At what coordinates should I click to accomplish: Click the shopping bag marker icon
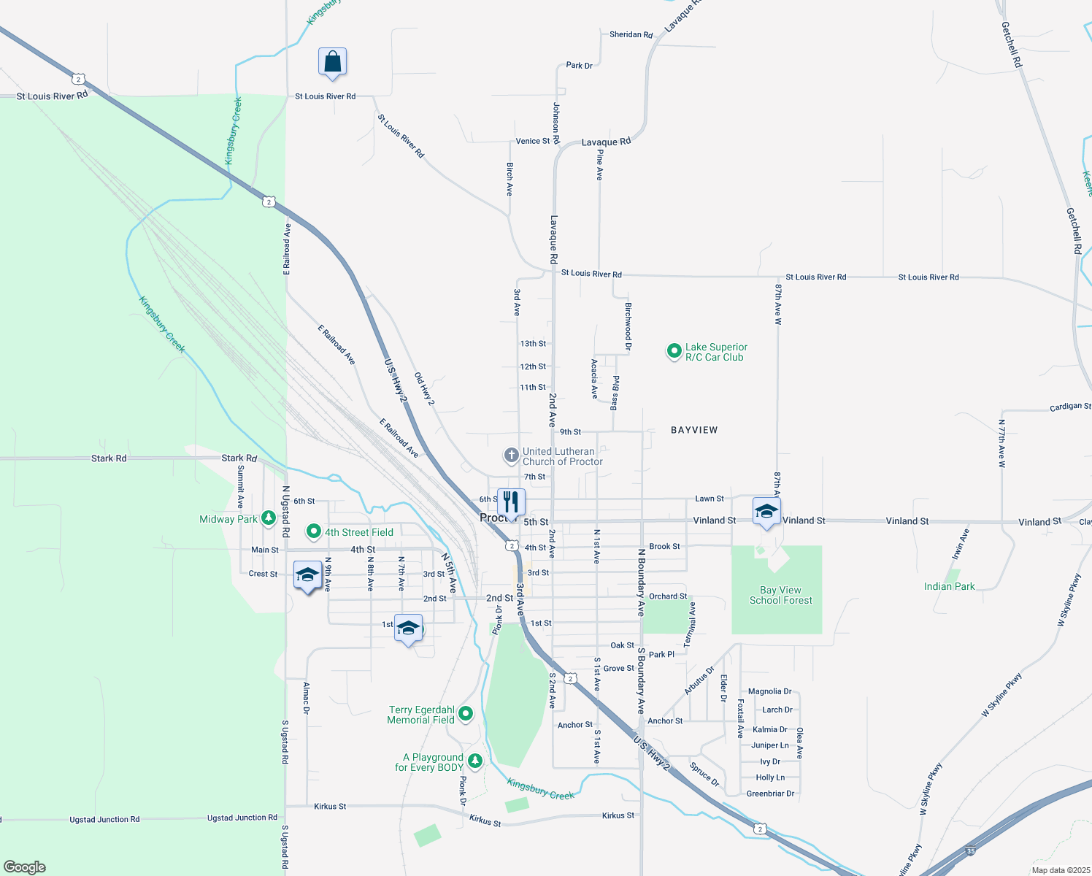pyautogui.click(x=332, y=63)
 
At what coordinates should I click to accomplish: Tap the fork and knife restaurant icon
pyautogui.click(x=511, y=502)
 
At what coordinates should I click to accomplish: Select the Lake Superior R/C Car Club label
pyautogui.click(x=715, y=352)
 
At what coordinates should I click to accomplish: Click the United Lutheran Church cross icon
pyautogui.click(x=511, y=456)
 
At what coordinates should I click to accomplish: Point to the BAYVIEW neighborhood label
pyautogui.click(x=694, y=430)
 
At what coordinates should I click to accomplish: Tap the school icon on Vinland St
pyautogui.click(x=766, y=512)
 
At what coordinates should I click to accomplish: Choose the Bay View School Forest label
pyautogui.click(x=780, y=595)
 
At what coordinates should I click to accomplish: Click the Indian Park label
pyautogui.click(x=949, y=586)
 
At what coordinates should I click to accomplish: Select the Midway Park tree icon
pyautogui.click(x=269, y=518)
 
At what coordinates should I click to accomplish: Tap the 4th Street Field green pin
pyautogui.click(x=314, y=531)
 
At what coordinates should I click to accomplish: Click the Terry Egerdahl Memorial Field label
pyautogui.click(x=421, y=715)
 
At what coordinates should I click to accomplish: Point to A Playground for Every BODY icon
pyautogui.click(x=475, y=761)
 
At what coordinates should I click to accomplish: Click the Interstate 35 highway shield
pyautogui.click(x=970, y=851)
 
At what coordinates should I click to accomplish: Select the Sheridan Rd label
pyautogui.click(x=631, y=34)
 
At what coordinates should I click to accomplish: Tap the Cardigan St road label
pyautogui.click(x=1070, y=407)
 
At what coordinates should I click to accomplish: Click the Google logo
pyautogui.click(x=25, y=867)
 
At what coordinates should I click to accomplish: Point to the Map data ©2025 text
pyautogui.click(x=1058, y=870)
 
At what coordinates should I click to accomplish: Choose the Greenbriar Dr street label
pyautogui.click(x=770, y=794)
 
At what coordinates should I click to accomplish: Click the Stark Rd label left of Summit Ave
pyautogui.click(x=109, y=458)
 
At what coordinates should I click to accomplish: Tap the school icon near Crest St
pyautogui.click(x=307, y=575)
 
